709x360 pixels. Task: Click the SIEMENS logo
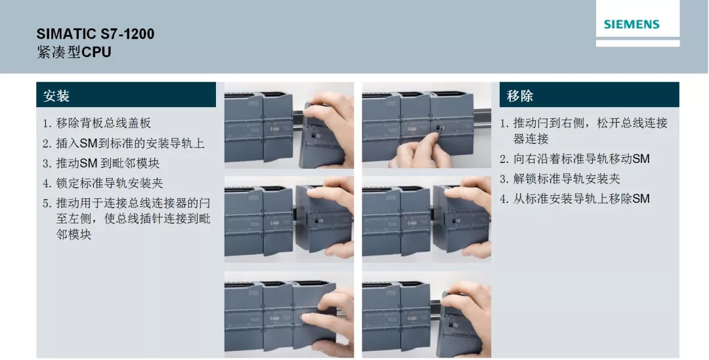[631, 25]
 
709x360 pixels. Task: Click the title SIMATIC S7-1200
[95, 34]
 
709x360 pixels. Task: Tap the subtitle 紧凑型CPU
[74, 52]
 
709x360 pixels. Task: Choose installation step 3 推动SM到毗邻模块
[101, 163]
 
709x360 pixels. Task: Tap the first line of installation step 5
[127, 202]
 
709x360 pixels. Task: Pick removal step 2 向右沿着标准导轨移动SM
[574, 159]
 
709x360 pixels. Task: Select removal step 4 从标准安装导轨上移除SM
[574, 198]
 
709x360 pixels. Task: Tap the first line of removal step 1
[584, 124]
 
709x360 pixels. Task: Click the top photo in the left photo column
[289, 125]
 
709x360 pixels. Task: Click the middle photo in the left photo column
[289, 219]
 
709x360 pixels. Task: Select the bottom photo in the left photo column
[289, 314]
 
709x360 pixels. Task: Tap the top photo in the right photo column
[426, 125]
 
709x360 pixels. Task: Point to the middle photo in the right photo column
[426, 219]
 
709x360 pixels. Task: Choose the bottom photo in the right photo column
[426, 314]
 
